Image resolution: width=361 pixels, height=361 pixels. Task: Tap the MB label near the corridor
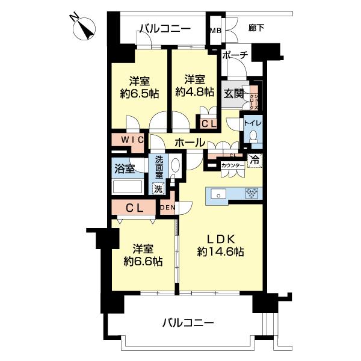[x=215, y=29]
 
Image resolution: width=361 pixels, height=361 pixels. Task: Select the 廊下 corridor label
[x=257, y=28]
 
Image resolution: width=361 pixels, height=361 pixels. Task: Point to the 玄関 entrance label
[x=233, y=94]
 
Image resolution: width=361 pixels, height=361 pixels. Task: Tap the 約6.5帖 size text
[x=138, y=93]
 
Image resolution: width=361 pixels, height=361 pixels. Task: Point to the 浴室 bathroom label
[x=125, y=169]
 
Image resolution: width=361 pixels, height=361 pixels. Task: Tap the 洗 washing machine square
[x=157, y=188]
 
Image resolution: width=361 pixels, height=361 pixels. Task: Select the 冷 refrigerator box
[x=255, y=161]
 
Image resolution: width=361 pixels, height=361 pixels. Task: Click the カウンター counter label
[x=233, y=165]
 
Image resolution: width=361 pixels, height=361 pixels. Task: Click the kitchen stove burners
[x=250, y=194]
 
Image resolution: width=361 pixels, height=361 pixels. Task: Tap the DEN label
[x=167, y=208]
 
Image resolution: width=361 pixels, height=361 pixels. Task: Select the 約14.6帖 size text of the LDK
[x=220, y=253]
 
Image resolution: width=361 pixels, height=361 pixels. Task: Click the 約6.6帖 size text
[x=142, y=261]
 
